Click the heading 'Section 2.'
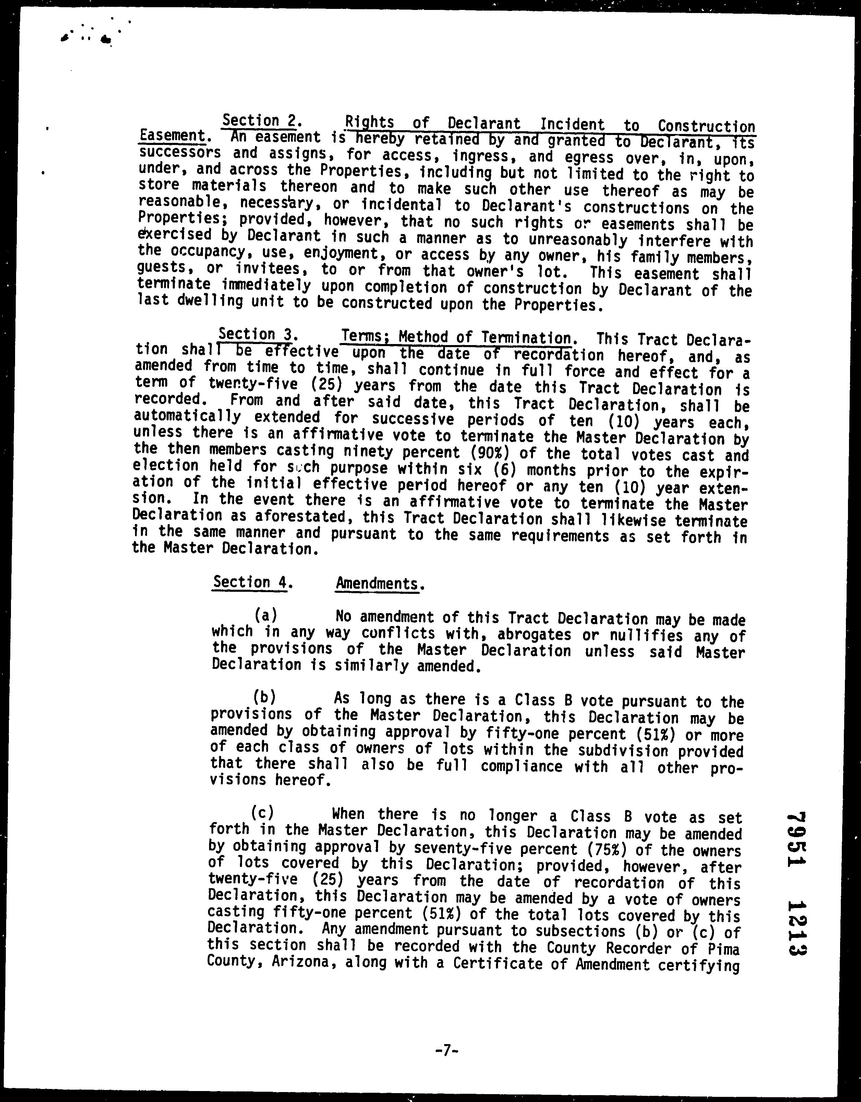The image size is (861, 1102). pyautogui.click(x=262, y=121)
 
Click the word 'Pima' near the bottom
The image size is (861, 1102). pyautogui.click(x=723, y=949)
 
